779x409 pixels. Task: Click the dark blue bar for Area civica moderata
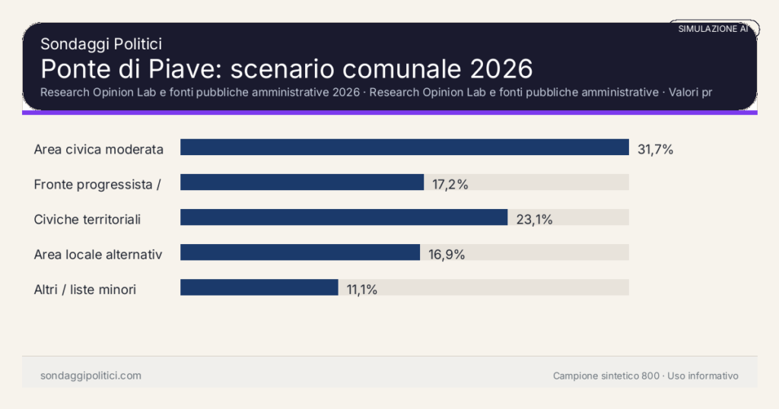(x=404, y=147)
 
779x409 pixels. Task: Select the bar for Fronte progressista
(x=301, y=182)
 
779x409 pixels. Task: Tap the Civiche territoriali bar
(x=343, y=217)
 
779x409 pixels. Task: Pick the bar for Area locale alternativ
(x=300, y=252)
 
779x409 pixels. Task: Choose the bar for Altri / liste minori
(x=259, y=287)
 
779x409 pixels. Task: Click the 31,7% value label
(x=655, y=150)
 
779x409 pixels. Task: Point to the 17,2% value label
(x=450, y=185)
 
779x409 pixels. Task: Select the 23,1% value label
(x=534, y=220)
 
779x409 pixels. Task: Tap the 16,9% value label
(x=447, y=255)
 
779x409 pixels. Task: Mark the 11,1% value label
(x=362, y=290)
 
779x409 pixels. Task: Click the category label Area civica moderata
(x=99, y=150)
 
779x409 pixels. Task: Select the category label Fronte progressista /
(x=97, y=185)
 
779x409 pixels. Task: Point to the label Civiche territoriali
(x=87, y=220)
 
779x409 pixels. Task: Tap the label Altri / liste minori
(x=85, y=290)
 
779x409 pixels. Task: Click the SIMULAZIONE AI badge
(x=713, y=29)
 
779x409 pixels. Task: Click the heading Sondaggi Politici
(x=100, y=45)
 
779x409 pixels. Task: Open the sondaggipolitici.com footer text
(x=91, y=376)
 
